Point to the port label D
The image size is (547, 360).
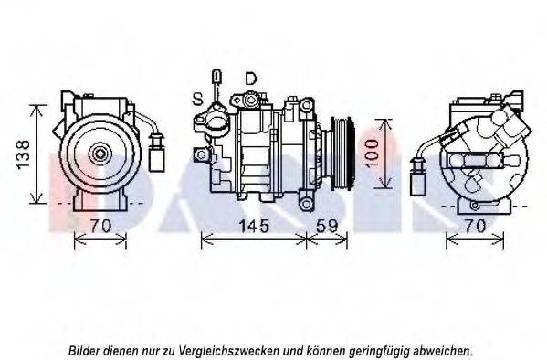pos(250,79)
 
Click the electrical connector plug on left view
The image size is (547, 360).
pos(155,151)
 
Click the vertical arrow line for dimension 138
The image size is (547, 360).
pos(37,154)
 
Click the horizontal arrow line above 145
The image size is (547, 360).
pos(253,240)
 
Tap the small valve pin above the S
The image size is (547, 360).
pos(216,78)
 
